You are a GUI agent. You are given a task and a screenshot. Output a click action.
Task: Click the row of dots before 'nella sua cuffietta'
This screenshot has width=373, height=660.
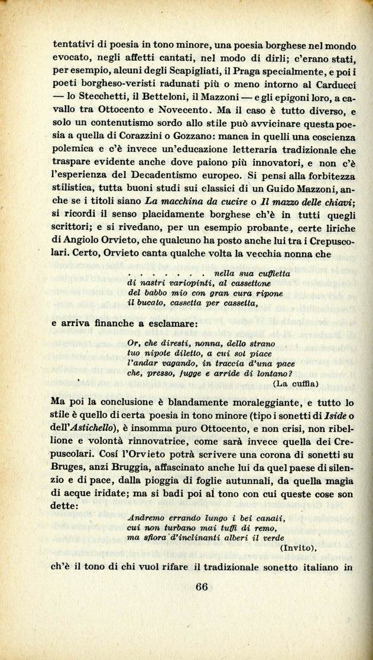click(165, 274)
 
